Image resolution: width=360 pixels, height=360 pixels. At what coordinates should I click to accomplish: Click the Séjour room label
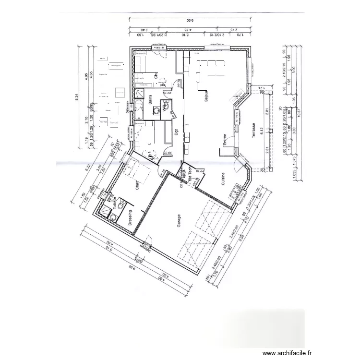click(205, 96)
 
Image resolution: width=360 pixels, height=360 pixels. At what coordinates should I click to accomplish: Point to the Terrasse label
click(252, 130)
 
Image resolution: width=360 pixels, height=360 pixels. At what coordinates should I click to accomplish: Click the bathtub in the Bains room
click(139, 110)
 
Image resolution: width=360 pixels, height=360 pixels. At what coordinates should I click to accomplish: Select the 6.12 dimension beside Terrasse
click(263, 131)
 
